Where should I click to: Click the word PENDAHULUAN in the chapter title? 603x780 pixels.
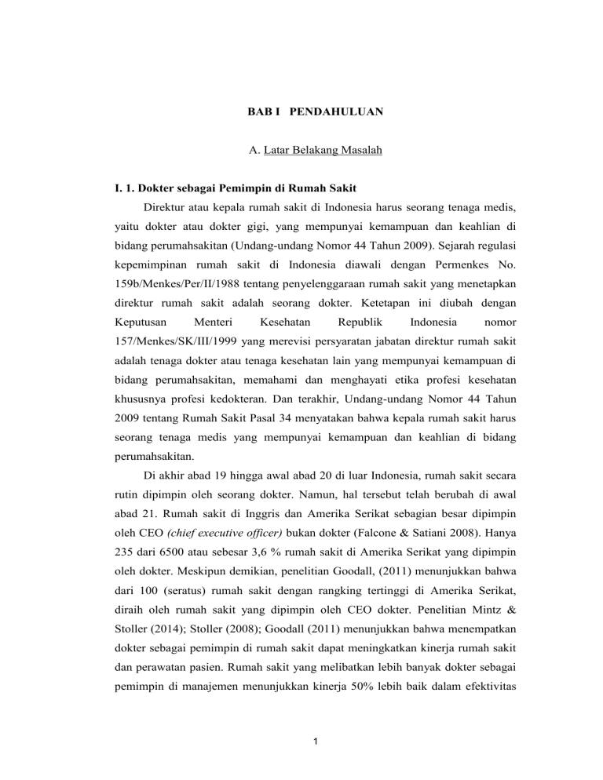342,112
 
